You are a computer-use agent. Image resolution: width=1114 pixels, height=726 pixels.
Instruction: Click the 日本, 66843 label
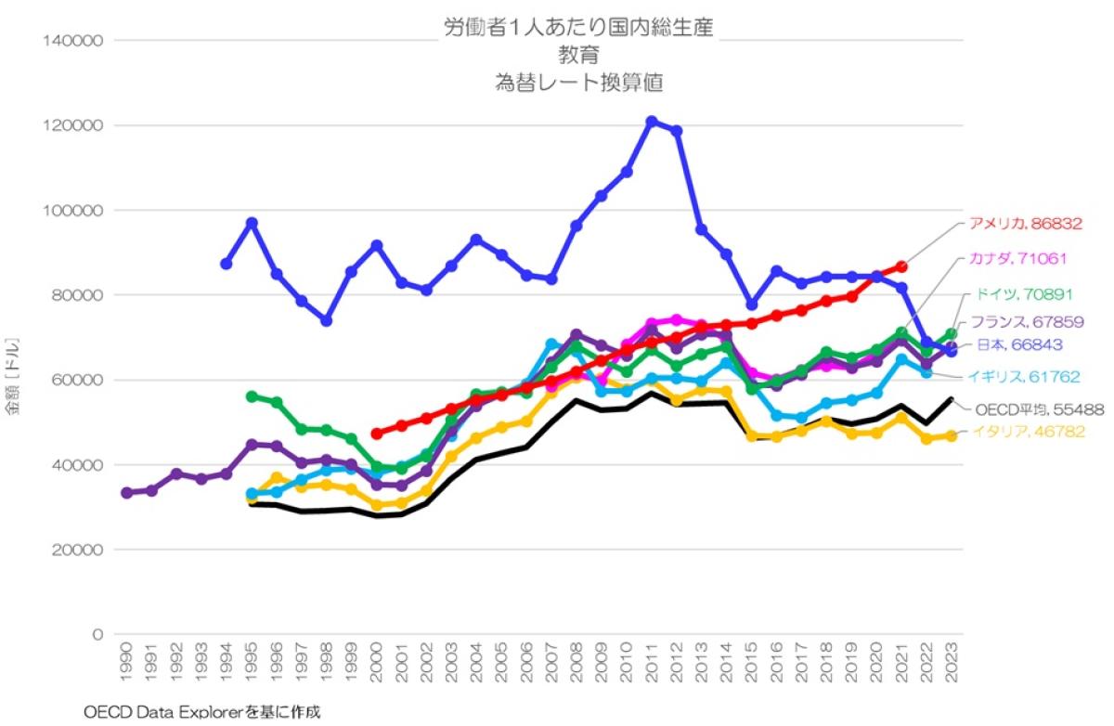pos(1018,344)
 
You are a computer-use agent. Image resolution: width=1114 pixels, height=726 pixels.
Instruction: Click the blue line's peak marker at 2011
pos(652,122)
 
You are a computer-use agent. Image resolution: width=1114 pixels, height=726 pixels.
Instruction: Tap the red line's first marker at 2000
pos(377,434)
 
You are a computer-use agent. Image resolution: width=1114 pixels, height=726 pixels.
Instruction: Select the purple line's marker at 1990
pos(127,493)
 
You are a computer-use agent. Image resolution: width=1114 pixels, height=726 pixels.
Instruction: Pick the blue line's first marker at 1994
pos(227,264)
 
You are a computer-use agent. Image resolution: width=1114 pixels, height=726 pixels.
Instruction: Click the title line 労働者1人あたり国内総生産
pos(578,28)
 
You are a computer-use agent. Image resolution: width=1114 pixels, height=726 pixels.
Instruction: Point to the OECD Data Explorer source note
pos(201,712)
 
